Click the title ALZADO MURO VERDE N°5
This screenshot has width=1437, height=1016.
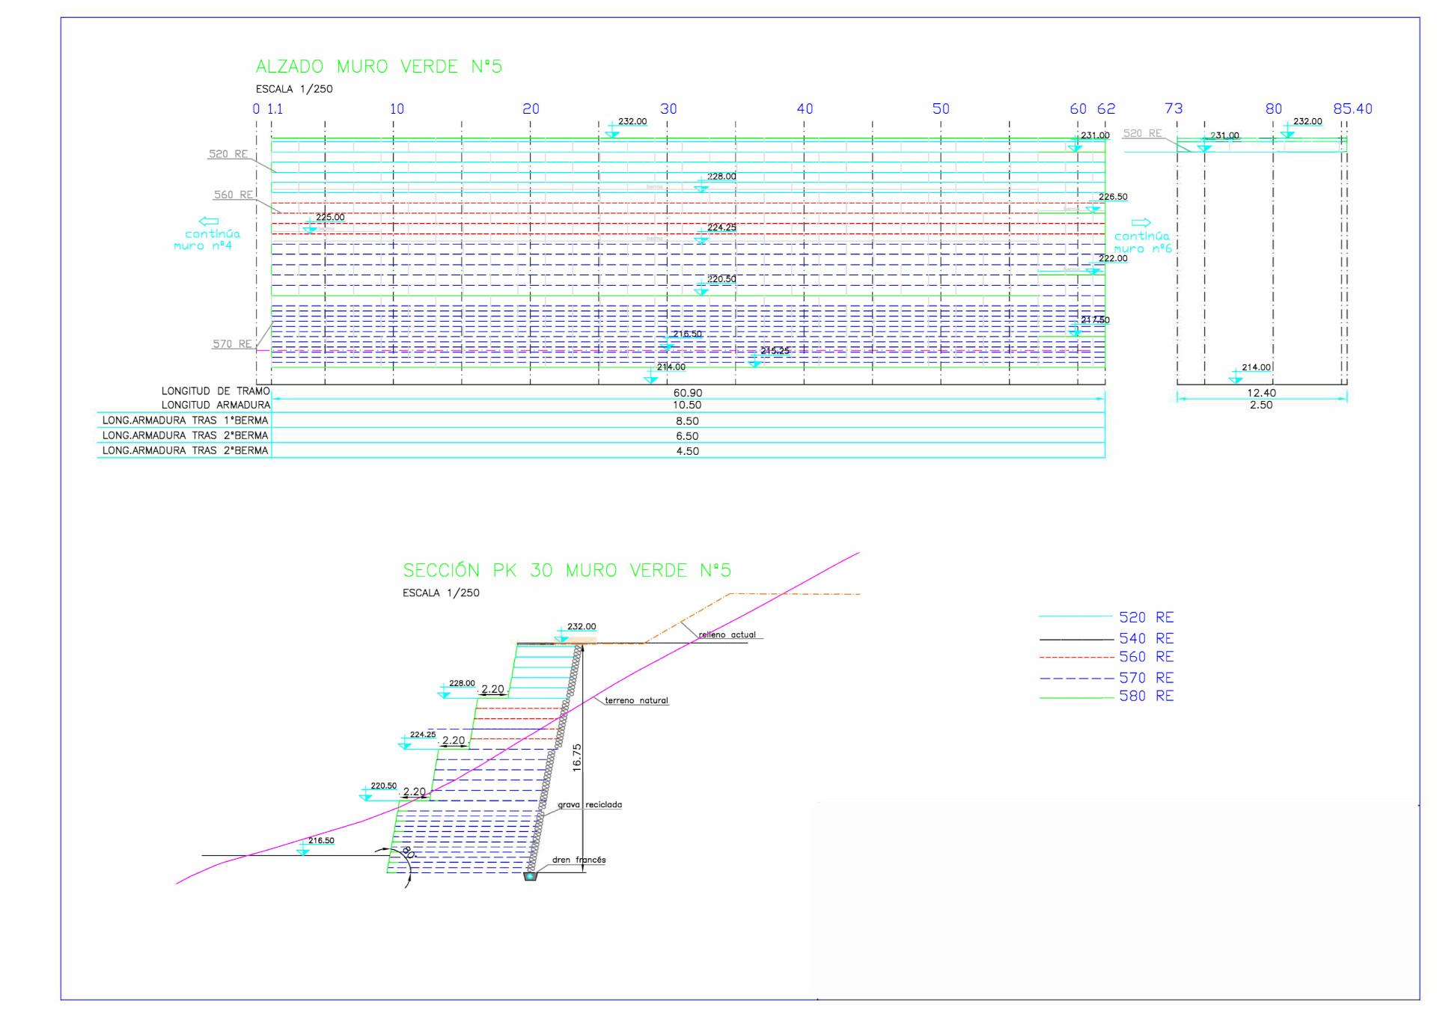[x=379, y=67]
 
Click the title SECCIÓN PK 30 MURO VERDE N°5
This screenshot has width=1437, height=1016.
[x=567, y=571]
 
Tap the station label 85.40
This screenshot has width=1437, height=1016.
[x=1352, y=109]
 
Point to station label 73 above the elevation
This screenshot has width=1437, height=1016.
[x=1174, y=109]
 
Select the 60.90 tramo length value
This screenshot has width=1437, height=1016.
[x=688, y=393]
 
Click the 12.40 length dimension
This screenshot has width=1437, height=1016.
[x=1261, y=393]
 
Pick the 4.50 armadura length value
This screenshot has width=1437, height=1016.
[x=687, y=451]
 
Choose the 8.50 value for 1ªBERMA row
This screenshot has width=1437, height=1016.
[x=687, y=421]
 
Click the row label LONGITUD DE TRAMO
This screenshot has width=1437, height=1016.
[x=216, y=391]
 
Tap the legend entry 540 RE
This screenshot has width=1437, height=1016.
[x=1146, y=638]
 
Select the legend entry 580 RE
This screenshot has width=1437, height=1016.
[x=1146, y=696]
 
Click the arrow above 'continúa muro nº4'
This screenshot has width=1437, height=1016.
[x=208, y=221]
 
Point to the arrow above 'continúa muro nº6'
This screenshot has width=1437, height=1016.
[x=1141, y=223]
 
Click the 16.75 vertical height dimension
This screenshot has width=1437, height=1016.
[x=576, y=757]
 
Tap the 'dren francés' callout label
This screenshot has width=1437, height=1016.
[x=579, y=860]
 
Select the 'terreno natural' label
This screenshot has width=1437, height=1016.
[x=636, y=701]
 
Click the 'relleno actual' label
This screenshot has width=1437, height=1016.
[x=727, y=635]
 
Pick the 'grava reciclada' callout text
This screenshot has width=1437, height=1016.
[x=590, y=805]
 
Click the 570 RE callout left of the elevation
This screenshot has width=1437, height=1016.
[x=232, y=344]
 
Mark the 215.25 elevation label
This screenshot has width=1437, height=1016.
[x=775, y=351]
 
